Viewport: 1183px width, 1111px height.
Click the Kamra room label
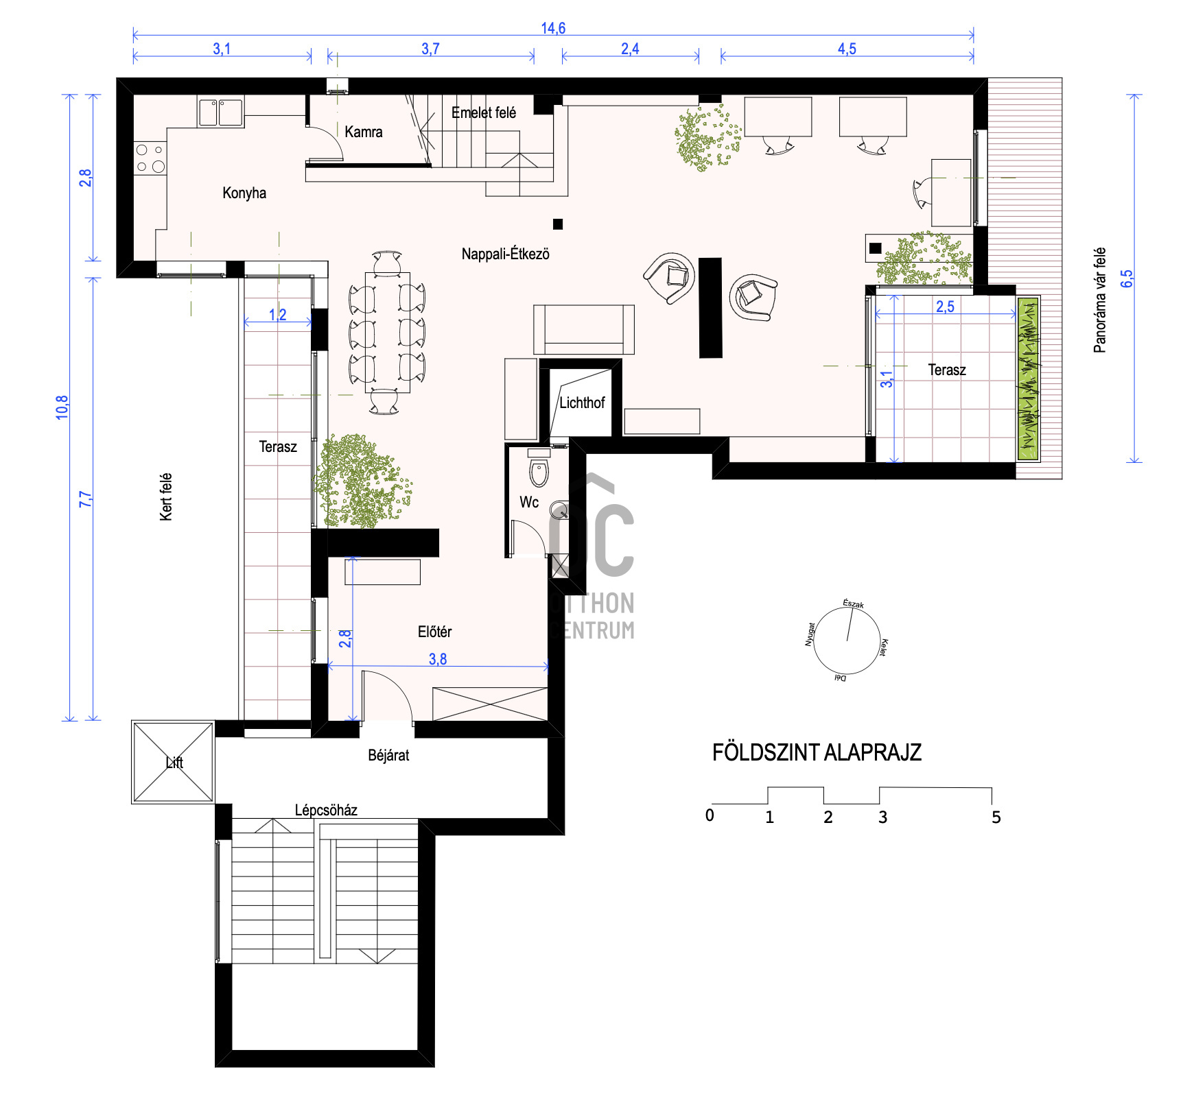coord(363,132)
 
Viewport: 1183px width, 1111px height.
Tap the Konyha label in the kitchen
coord(244,193)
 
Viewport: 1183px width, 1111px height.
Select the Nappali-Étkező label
coord(505,254)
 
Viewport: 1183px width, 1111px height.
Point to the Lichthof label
coord(581,403)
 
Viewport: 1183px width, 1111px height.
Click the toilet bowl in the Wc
coord(539,472)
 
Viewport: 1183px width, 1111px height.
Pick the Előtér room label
coord(434,632)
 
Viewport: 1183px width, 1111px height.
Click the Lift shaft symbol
coord(173,762)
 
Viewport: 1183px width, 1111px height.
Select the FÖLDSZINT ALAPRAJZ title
coord(817,752)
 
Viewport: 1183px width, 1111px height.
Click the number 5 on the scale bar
coord(996,817)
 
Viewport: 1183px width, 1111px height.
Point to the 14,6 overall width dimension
coord(553,28)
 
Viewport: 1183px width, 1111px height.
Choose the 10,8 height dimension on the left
coord(62,407)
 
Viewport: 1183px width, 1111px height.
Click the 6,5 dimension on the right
coord(1127,278)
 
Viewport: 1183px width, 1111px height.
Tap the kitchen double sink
coord(221,112)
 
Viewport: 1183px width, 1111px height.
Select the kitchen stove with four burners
coord(150,158)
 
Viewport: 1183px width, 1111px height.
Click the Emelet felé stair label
coord(484,112)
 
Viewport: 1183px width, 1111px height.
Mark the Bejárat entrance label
coord(388,755)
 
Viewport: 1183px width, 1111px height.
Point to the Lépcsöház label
coord(326,810)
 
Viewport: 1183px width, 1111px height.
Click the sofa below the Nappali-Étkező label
coord(584,330)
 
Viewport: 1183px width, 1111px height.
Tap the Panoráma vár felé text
coord(1099,300)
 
